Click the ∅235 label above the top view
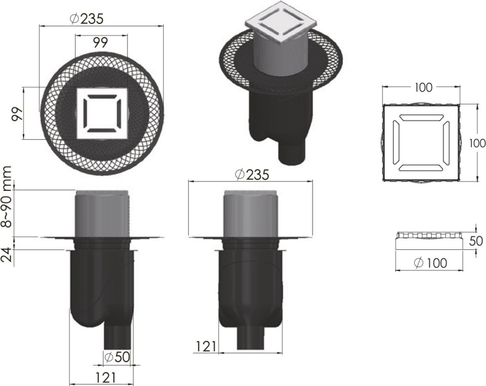pos(86,18)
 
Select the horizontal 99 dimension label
pos(102,42)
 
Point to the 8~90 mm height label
pos(7,196)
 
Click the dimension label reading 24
pos(7,254)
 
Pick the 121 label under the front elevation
pos(102,376)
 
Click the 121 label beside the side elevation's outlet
pos(205,347)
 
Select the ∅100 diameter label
pos(430,263)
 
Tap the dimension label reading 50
pos(475,240)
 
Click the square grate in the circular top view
pos(102,114)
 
